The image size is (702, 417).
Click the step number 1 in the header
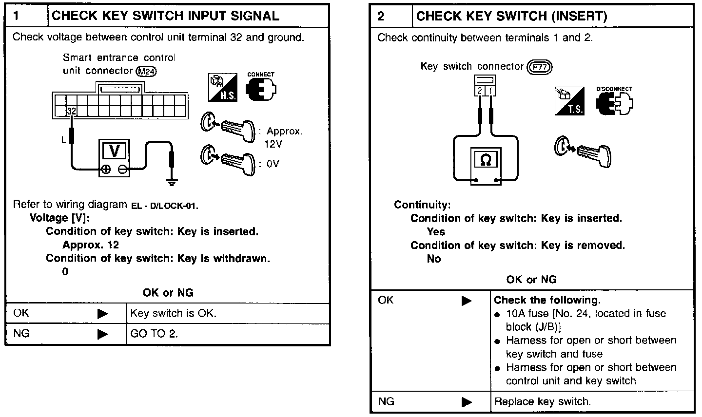click(16, 16)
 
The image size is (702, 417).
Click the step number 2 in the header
click(381, 16)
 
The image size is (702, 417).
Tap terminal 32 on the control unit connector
click(71, 111)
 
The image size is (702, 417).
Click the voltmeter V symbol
click(115, 151)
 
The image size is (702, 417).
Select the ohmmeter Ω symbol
click(486, 160)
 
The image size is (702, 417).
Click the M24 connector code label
click(147, 72)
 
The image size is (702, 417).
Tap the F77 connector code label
click(540, 67)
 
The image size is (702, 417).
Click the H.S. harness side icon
click(222, 88)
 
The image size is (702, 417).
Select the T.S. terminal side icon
click(569, 101)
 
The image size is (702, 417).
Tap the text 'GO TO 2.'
click(154, 334)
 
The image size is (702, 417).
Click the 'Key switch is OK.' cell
click(173, 313)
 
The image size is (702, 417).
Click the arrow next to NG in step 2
click(467, 402)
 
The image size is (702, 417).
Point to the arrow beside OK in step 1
click(102, 314)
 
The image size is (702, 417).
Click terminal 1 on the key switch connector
click(491, 91)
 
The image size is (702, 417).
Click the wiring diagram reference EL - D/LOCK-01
click(164, 206)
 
